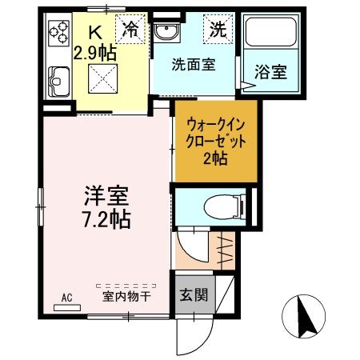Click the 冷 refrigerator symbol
point(130,30)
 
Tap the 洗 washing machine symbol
point(217,30)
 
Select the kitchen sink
point(59,80)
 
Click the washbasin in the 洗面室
point(167,32)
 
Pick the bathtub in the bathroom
point(271,33)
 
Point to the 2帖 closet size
point(216,158)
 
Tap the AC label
point(66,298)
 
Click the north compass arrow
point(304,316)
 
